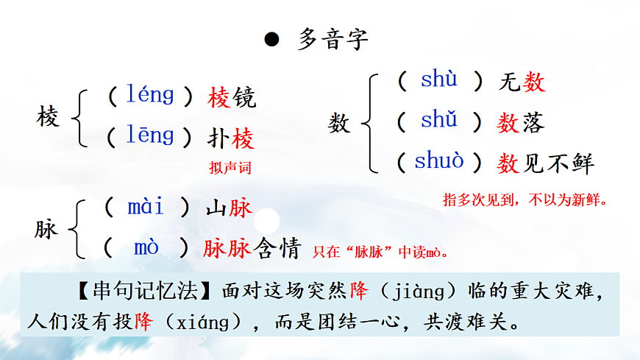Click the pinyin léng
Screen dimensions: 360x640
point(150,95)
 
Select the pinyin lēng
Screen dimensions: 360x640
point(150,135)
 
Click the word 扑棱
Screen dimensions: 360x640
point(232,138)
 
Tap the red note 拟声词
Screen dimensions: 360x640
point(230,168)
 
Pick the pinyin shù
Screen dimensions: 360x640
point(438,80)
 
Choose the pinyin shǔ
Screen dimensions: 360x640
point(438,119)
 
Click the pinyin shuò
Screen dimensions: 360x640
point(439,160)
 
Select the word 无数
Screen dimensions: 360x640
point(522,82)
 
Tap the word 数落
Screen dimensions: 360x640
point(522,122)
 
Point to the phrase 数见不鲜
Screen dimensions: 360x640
point(545,163)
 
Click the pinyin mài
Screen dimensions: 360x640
point(146,207)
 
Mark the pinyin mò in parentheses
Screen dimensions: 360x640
point(146,248)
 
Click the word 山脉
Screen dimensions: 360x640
point(229,208)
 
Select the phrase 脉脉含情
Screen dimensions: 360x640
point(252,250)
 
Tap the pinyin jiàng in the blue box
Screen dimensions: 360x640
point(416,293)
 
